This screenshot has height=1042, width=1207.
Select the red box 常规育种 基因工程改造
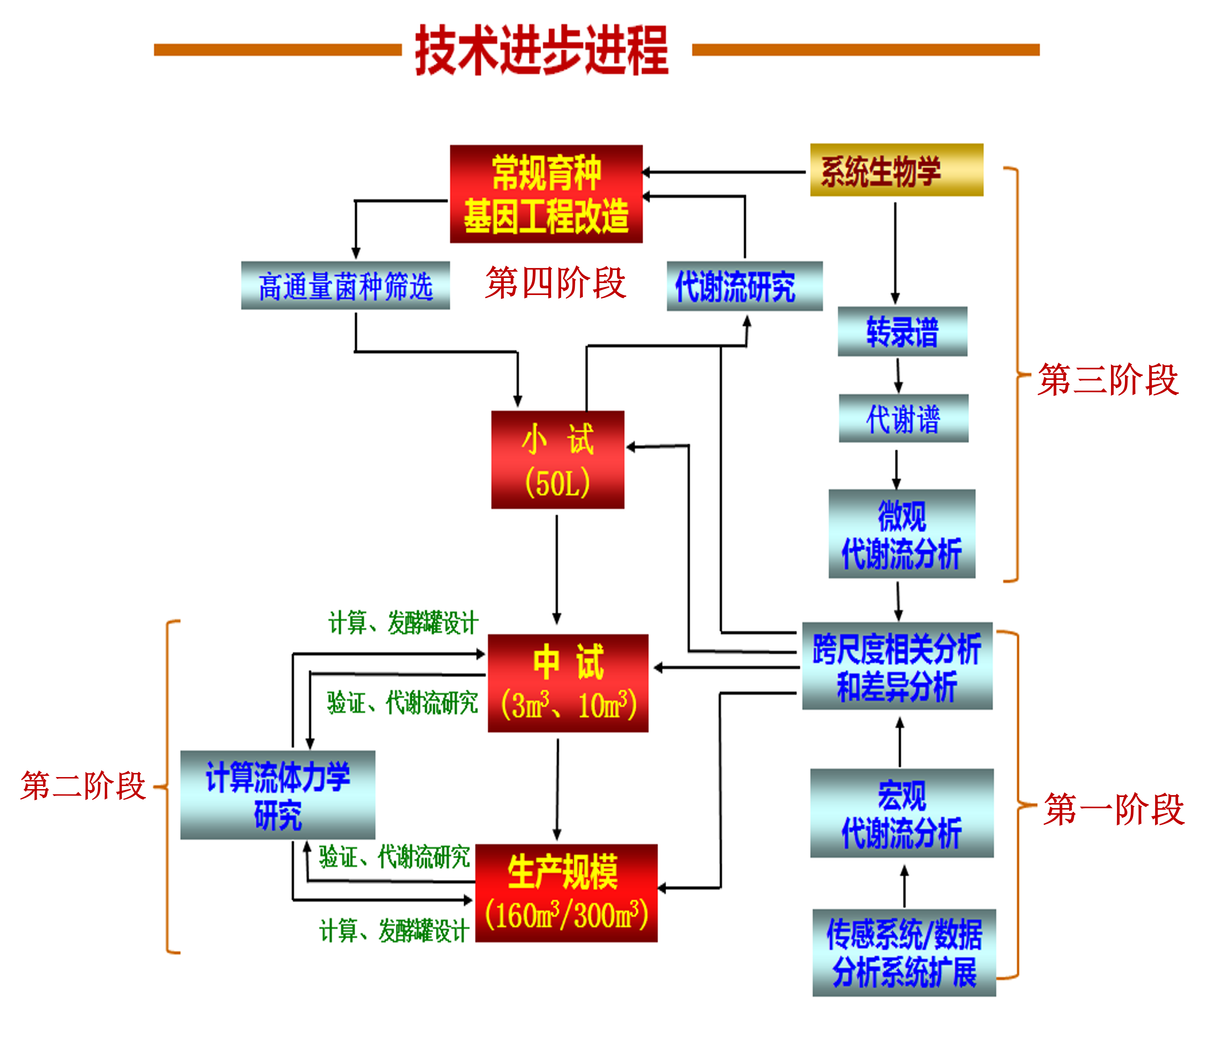pos(546,194)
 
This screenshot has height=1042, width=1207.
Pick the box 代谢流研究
pos(744,286)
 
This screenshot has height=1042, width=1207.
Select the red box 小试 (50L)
pos(557,460)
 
